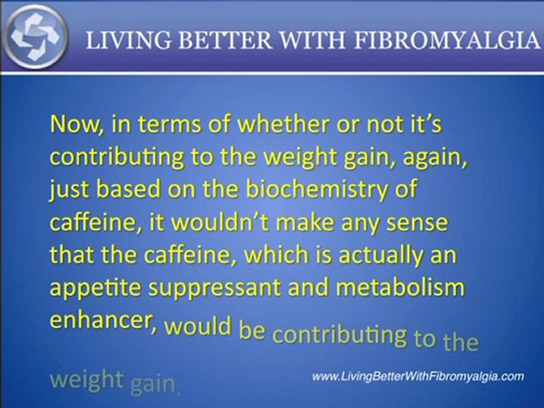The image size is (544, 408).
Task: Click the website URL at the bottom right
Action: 418,376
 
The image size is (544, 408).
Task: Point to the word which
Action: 281,256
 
